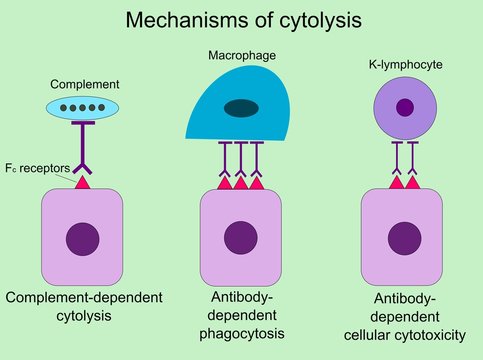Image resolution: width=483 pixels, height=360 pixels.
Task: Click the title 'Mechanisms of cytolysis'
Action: [x=241, y=20]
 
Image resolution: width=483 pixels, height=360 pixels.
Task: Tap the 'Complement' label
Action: [x=77, y=86]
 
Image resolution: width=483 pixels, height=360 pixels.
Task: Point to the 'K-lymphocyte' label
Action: [x=405, y=64]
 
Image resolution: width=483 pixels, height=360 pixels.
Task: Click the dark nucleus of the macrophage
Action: [x=240, y=108]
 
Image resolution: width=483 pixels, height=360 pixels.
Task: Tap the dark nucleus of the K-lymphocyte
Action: [x=405, y=108]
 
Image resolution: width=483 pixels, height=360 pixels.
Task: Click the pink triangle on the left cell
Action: [x=81, y=182]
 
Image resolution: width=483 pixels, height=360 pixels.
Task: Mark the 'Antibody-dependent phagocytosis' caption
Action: [x=240, y=316]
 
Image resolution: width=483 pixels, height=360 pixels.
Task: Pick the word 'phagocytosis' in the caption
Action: [x=240, y=333]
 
